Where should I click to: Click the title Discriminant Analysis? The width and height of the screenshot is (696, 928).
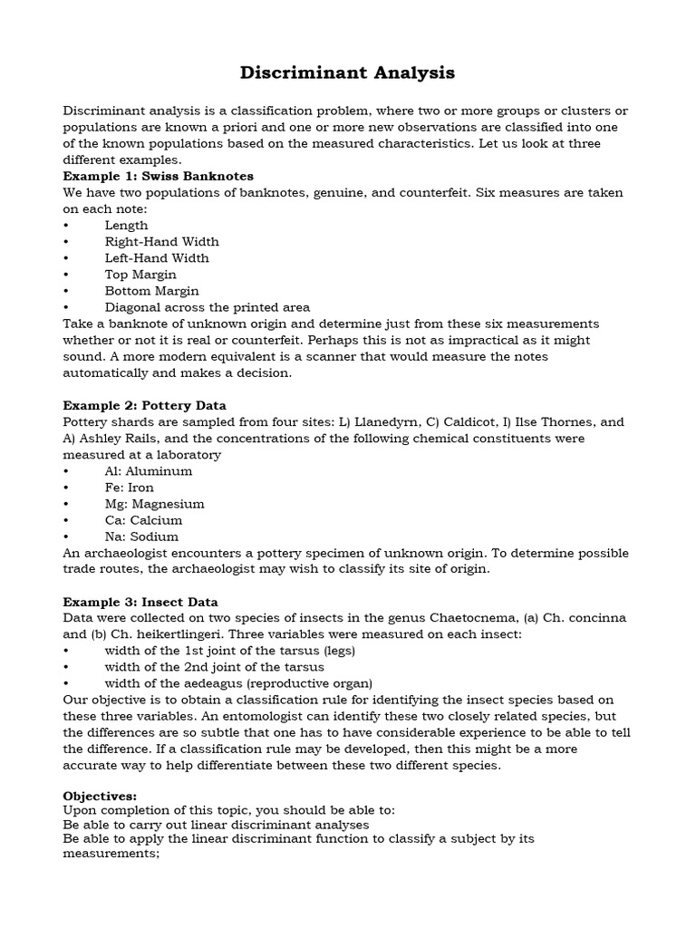(347, 72)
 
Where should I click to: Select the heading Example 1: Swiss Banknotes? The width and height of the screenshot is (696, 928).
(158, 176)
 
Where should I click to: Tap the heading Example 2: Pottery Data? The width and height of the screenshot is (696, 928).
(144, 405)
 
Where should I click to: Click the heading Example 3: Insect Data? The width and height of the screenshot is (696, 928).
(140, 602)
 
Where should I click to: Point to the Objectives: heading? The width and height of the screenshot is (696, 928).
(100, 796)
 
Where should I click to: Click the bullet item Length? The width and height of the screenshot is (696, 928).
(126, 225)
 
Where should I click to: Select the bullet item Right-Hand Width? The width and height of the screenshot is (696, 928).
(161, 241)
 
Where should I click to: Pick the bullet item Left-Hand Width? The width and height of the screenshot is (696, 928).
(157, 257)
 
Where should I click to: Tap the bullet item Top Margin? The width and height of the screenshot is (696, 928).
(140, 274)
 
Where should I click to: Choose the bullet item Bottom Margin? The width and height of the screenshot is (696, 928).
(151, 291)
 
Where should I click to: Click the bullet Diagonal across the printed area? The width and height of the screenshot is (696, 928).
(207, 307)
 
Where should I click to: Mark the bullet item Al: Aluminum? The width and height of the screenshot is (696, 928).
(149, 471)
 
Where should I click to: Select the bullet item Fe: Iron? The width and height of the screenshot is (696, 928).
(129, 488)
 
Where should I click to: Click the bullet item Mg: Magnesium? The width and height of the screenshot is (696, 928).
(154, 504)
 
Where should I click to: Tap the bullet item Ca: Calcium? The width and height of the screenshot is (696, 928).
(143, 520)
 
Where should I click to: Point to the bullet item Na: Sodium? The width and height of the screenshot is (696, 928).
(141, 536)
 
